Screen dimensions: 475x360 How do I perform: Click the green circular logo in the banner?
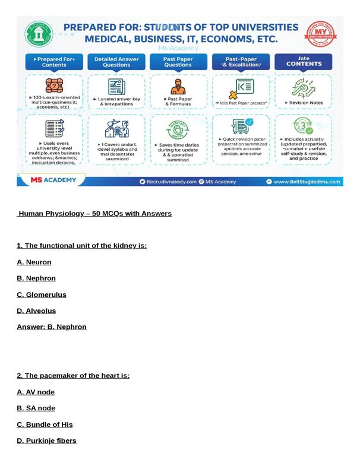pyautogui.click(x=39, y=34)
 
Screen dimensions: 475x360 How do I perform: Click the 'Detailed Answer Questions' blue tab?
pyautogui.click(x=116, y=62)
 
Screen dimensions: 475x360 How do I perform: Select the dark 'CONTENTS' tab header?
pyautogui.click(x=304, y=62)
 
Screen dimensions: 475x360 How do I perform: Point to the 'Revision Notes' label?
pyautogui.click(x=304, y=103)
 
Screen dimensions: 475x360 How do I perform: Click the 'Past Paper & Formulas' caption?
pyautogui.click(x=178, y=101)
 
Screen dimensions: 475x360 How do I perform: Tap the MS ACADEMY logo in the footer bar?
pyautogui.click(x=53, y=180)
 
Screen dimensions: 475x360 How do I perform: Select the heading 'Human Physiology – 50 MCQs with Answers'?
pyautogui.click(x=94, y=213)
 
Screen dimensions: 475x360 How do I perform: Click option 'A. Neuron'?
pyautogui.click(x=34, y=262)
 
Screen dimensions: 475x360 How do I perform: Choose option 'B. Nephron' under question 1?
pyautogui.click(x=36, y=278)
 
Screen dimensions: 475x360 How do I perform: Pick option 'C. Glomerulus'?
pyautogui.click(x=42, y=294)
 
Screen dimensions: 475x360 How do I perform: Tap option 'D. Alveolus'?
pyautogui.click(x=36, y=311)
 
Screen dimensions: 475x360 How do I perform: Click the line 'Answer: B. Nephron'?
pyautogui.click(x=52, y=327)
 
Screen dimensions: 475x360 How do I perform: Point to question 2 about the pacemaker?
pyautogui.click(x=73, y=375)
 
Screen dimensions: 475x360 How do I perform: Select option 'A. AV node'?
pyautogui.click(x=36, y=392)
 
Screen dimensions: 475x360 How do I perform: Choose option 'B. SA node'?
pyautogui.click(x=36, y=408)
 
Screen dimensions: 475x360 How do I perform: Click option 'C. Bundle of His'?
pyautogui.click(x=45, y=425)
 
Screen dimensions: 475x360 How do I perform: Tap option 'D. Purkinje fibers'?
pyautogui.click(x=46, y=441)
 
